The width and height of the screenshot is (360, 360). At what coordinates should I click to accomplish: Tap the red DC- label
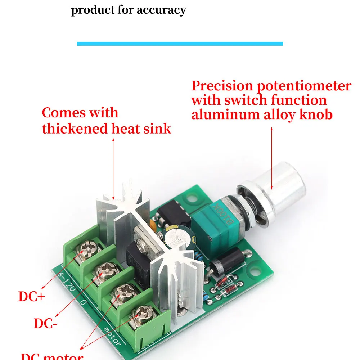point(45,323)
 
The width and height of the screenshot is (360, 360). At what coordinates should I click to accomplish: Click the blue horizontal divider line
point(180,44)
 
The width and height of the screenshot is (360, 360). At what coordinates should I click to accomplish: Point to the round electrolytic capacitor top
point(178,238)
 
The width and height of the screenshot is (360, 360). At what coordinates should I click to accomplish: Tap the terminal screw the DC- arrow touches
point(107,269)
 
